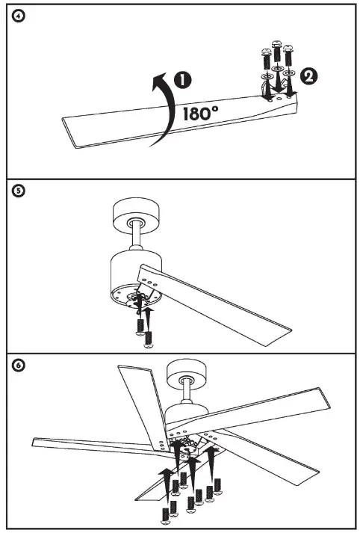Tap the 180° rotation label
click(x=201, y=113)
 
